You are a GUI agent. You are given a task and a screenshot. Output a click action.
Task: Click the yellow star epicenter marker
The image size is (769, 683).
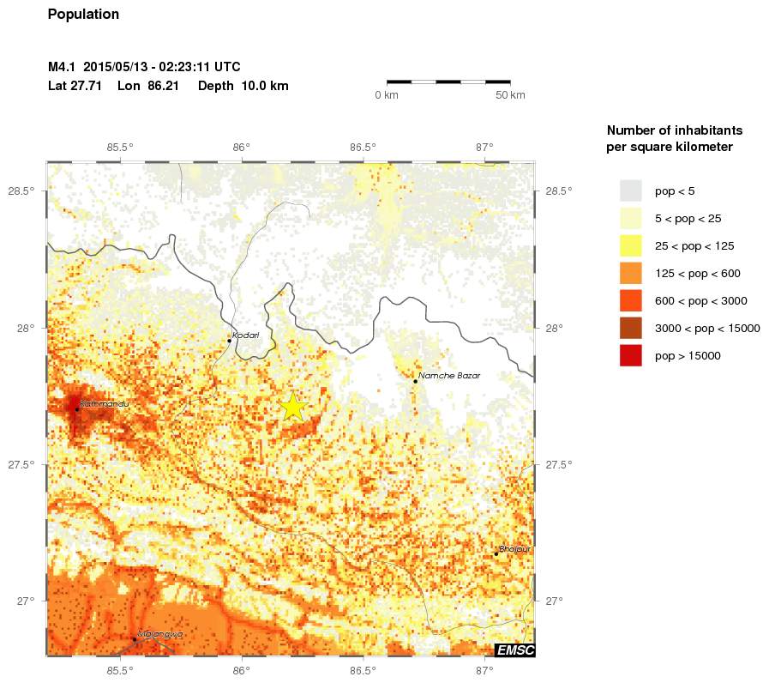tap(292, 406)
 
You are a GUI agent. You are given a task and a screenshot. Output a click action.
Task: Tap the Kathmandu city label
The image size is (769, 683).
tap(104, 403)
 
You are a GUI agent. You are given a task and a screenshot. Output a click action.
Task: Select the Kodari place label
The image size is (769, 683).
tap(246, 335)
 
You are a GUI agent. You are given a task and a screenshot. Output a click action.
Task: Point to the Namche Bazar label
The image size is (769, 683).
tap(449, 376)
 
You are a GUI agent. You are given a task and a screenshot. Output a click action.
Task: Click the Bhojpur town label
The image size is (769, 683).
tap(515, 548)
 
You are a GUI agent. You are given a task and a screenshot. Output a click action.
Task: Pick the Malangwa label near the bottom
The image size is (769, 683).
tap(160, 634)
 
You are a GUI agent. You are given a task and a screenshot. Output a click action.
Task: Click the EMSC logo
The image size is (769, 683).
tap(514, 650)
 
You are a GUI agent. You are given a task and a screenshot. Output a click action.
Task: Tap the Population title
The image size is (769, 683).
tap(83, 15)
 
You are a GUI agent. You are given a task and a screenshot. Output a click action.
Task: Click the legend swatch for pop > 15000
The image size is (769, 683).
tap(631, 355)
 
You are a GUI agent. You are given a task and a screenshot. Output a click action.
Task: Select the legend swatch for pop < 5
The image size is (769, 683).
tap(631, 190)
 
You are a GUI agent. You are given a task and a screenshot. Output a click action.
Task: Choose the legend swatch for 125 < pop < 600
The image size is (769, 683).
tap(631, 273)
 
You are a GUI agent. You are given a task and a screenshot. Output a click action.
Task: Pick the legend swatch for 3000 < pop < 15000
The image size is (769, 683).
tap(631, 328)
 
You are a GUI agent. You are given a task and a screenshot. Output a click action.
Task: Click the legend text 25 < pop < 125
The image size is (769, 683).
tap(694, 246)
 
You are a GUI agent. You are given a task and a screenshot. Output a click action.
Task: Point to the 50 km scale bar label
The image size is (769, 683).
tap(511, 94)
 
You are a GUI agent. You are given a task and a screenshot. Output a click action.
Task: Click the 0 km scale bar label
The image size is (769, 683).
tap(387, 94)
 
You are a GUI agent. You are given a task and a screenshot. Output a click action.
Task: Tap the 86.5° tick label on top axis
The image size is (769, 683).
tap(363, 147)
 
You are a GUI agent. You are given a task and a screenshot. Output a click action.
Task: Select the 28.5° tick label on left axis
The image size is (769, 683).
tap(21, 190)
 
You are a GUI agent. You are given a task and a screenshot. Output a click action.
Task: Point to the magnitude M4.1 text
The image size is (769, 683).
tap(63, 67)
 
